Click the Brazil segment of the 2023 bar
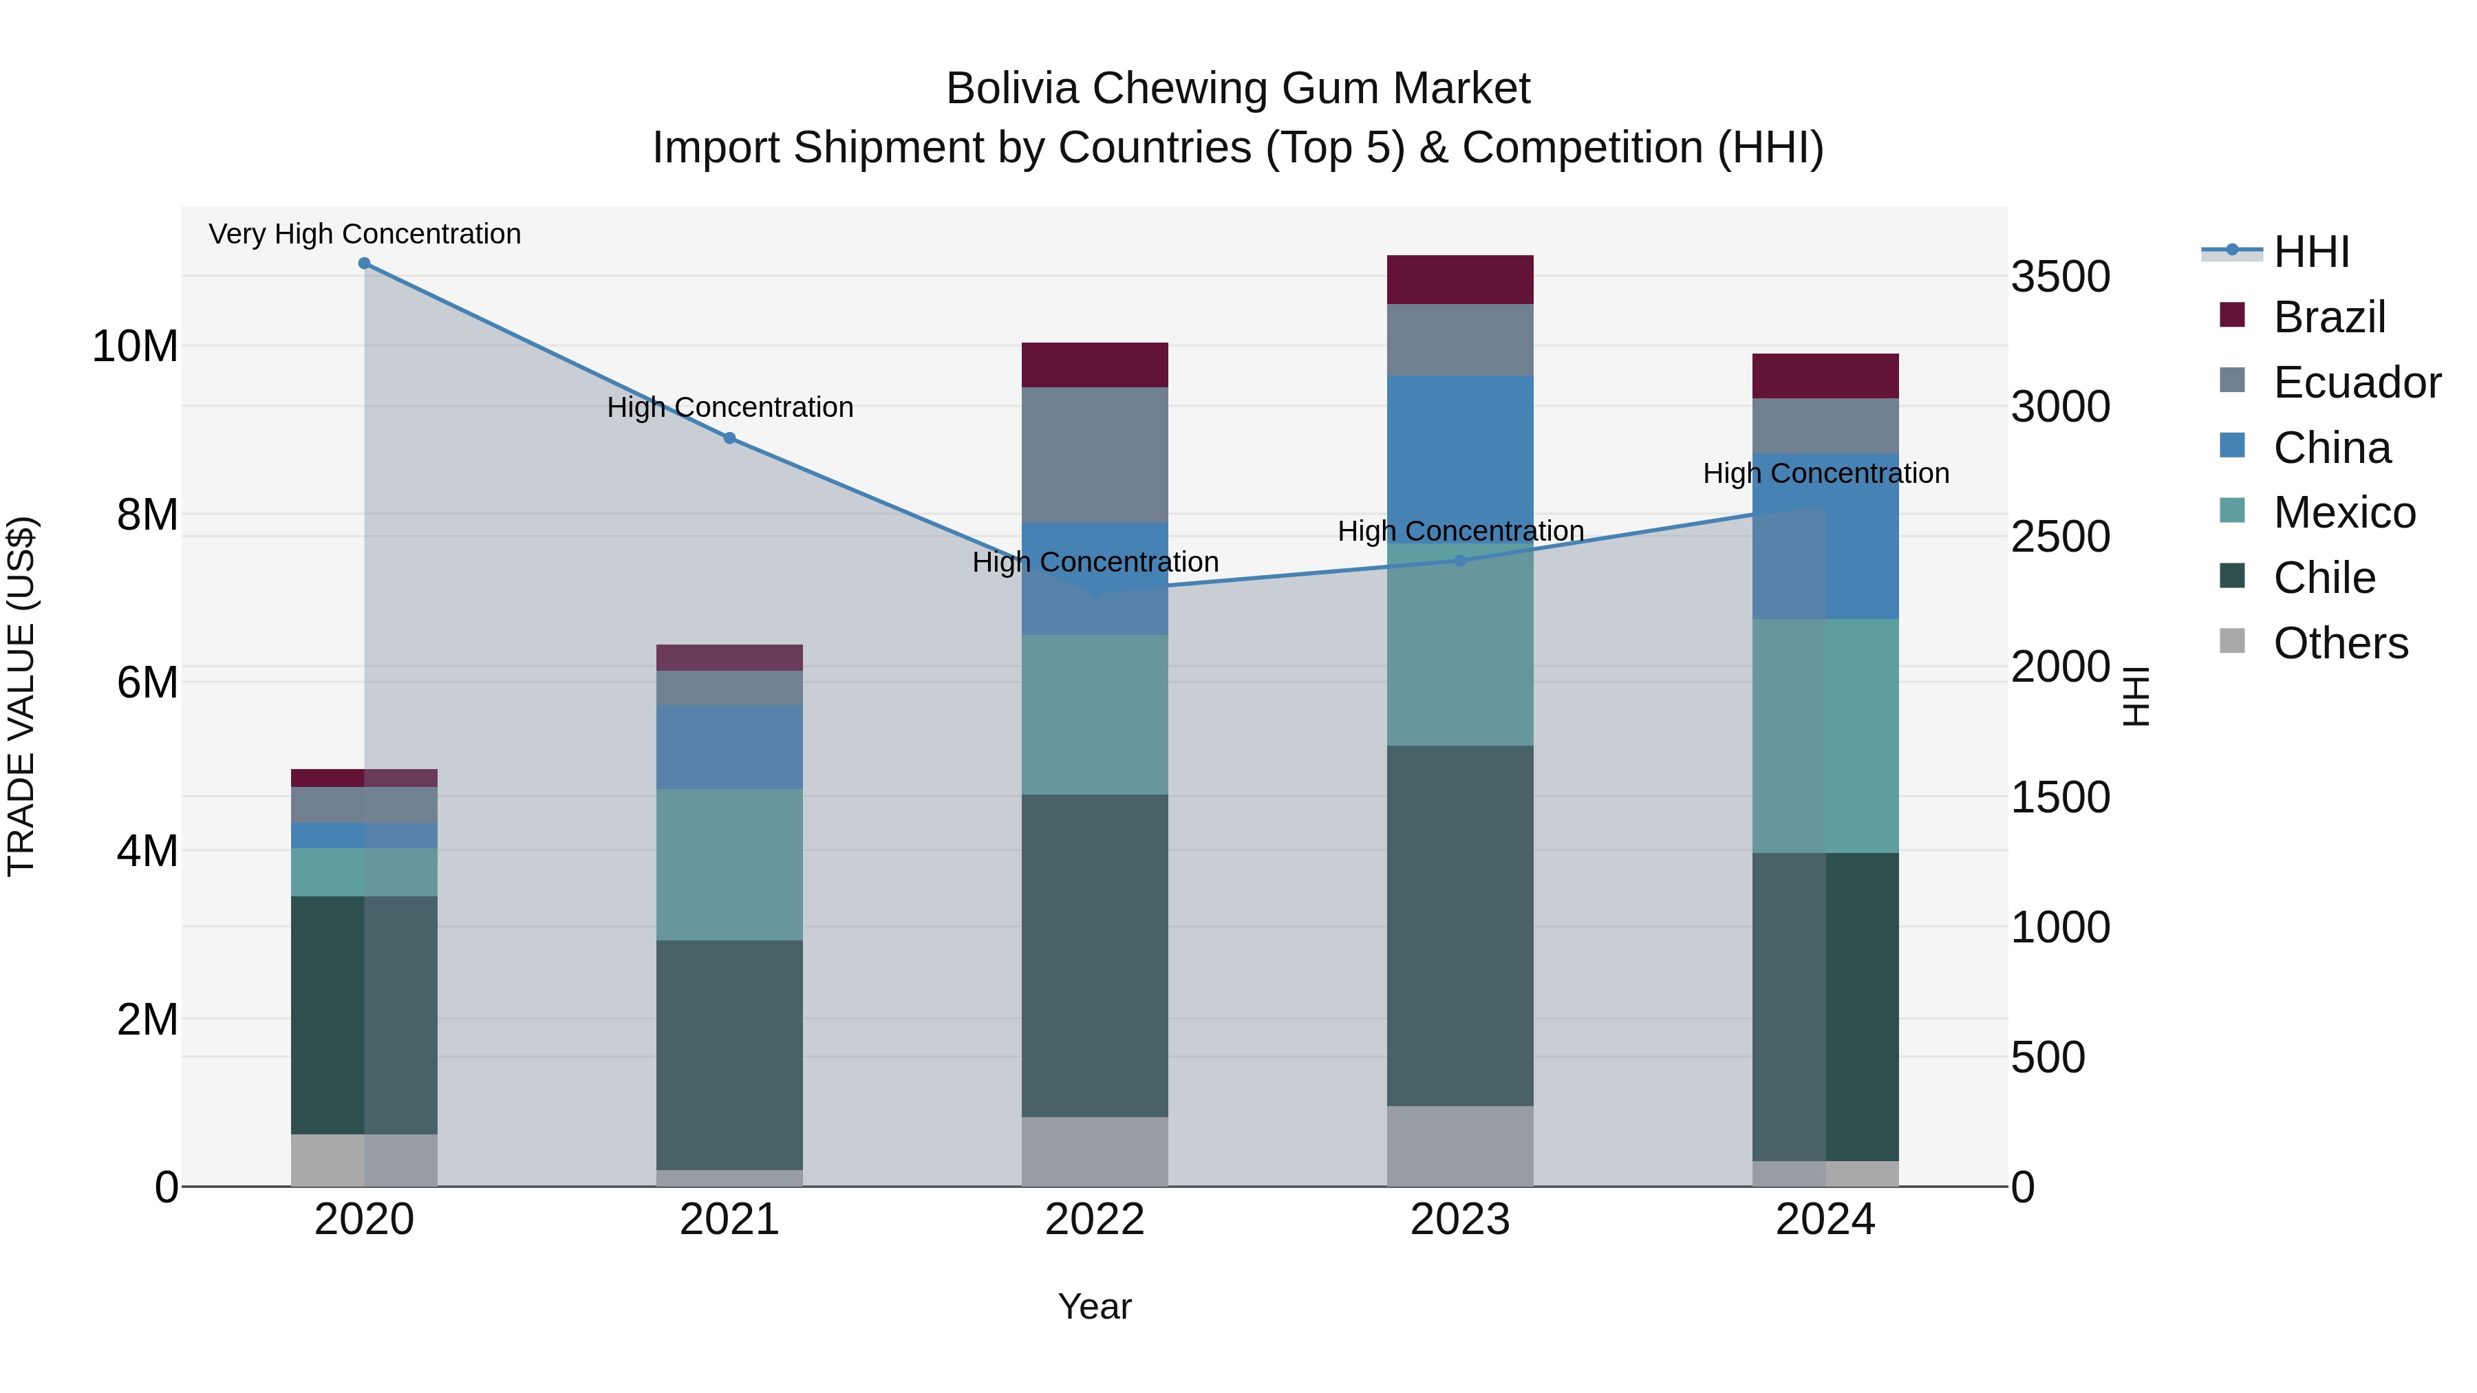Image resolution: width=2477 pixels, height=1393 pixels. click(1459, 280)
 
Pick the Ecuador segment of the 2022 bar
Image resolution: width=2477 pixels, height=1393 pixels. click(1094, 455)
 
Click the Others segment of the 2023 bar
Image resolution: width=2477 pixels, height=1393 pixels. click(1459, 1146)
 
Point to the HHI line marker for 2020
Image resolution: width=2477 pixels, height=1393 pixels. click(365, 263)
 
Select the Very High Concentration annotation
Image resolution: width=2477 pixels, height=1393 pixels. click(365, 234)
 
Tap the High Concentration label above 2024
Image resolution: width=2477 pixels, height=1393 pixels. click(1825, 473)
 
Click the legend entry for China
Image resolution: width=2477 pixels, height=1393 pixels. click(2331, 448)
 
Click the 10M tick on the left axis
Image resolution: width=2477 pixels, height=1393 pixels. click(135, 346)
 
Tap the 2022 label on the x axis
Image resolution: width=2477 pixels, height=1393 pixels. click(1094, 1220)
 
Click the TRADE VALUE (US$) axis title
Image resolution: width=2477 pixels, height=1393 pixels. click(21, 696)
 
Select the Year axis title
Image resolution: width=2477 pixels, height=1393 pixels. click(1094, 1306)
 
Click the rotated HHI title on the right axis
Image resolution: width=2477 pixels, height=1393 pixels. click(2134, 696)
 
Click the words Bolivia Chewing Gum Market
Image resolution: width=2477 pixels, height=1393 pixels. click(1238, 89)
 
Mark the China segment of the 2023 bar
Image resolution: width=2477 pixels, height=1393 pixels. click(1459, 460)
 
